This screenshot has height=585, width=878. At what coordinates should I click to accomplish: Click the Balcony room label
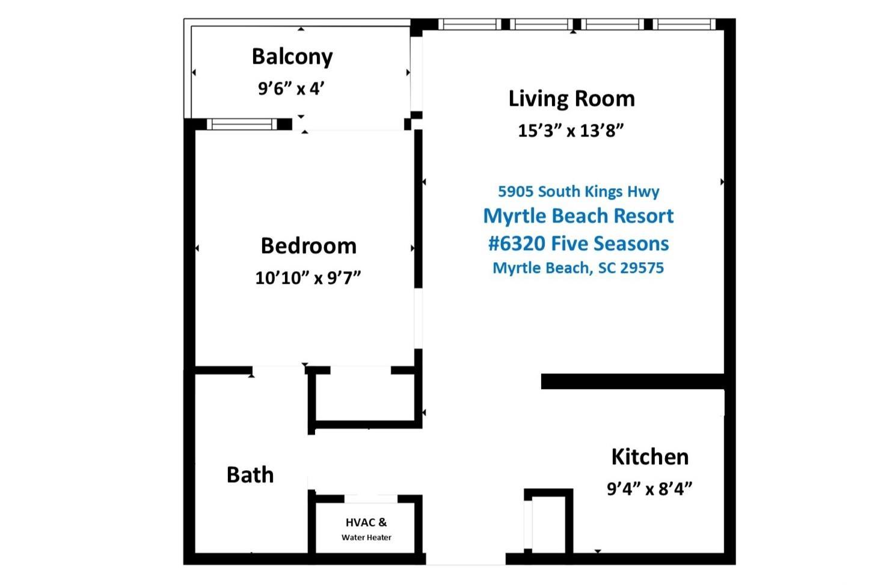tap(292, 57)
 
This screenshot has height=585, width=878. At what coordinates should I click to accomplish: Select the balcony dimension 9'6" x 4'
tap(291, 88)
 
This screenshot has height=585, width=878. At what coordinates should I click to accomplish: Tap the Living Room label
tap(571, 99)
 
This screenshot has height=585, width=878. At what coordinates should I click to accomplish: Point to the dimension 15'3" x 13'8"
tap(571, 130)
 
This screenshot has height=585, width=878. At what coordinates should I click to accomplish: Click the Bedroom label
tap(309, 246)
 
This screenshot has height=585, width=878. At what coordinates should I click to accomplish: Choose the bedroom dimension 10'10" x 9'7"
tap(308, 278)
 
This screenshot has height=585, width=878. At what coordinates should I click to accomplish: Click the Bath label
tap(250, 475)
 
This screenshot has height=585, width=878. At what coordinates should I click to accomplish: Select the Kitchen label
tap(650, 457)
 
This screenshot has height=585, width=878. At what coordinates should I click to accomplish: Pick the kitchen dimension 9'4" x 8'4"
tap(649, 489)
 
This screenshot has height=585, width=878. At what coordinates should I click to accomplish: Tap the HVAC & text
tap(366, 522)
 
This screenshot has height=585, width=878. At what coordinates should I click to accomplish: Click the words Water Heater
tap(366, 538)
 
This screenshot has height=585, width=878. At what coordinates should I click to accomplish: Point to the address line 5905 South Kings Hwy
tap(579, 192)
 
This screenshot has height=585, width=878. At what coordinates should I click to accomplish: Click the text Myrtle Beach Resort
tap(579, 216)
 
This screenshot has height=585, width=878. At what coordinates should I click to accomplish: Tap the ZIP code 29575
tap(642, 268)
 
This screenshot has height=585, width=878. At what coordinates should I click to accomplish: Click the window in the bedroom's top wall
tap(242, 124)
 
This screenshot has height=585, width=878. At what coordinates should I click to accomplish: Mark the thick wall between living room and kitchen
tap(633, 381)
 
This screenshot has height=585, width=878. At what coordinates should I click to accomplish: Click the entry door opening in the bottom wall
tap(465, 559)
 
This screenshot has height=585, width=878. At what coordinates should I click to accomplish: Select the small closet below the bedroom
tap(364, 397)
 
